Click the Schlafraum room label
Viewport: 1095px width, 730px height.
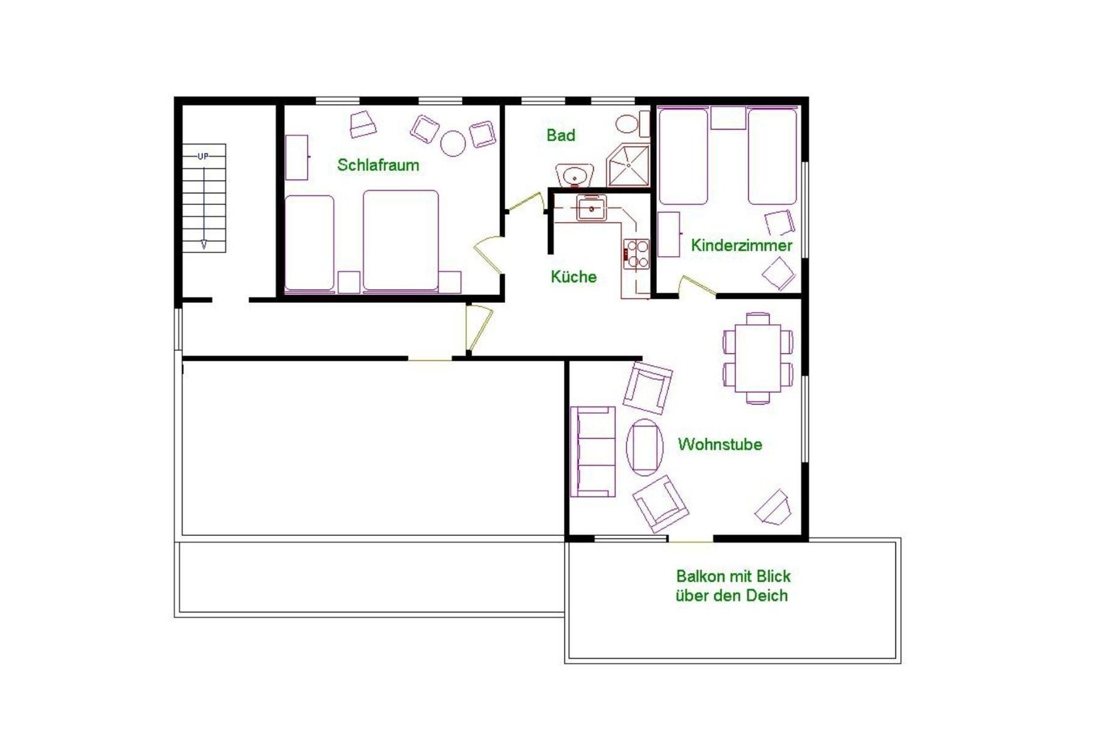[x=378, y=165]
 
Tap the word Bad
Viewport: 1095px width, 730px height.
[x=560, y=135]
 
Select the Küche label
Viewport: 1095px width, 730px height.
[x=573, y=277]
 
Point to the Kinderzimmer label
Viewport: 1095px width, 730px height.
[x=742, y=245]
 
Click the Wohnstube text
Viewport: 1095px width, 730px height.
[x=720, y=444]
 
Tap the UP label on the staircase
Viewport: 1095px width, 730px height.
[x=203, y=156]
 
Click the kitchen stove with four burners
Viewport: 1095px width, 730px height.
[x=636, y=254]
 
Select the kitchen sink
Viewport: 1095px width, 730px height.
[x=591, y=208]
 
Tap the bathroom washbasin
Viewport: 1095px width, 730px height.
[x=574, y=175]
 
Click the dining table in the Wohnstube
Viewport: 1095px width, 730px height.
[x=757, y=358]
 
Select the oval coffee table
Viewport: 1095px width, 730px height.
[x=645, y=448]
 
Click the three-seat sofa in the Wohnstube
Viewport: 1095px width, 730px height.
[x=593, y=451]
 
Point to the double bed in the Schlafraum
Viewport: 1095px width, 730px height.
[x=400, y=240]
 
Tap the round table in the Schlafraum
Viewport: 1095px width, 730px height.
[x=453, y=144]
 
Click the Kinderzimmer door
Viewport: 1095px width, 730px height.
[x=697, y=285]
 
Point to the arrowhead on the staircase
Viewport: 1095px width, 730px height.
[x=204, y=245]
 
